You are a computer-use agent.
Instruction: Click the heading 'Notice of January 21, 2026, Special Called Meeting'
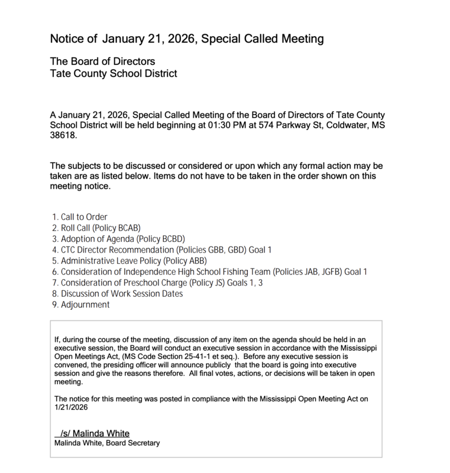[187, 40]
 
